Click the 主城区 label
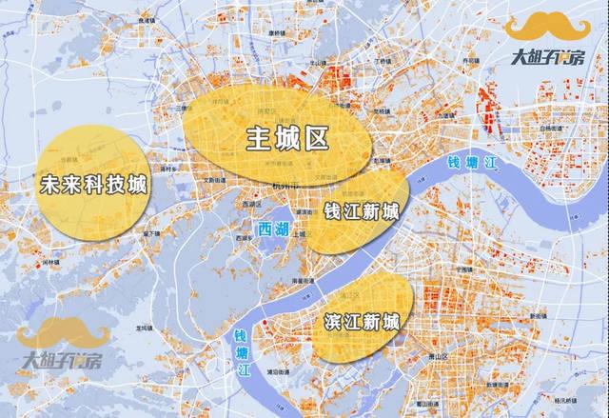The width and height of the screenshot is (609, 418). point(286,139)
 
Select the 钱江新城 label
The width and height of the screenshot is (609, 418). point(361,209)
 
